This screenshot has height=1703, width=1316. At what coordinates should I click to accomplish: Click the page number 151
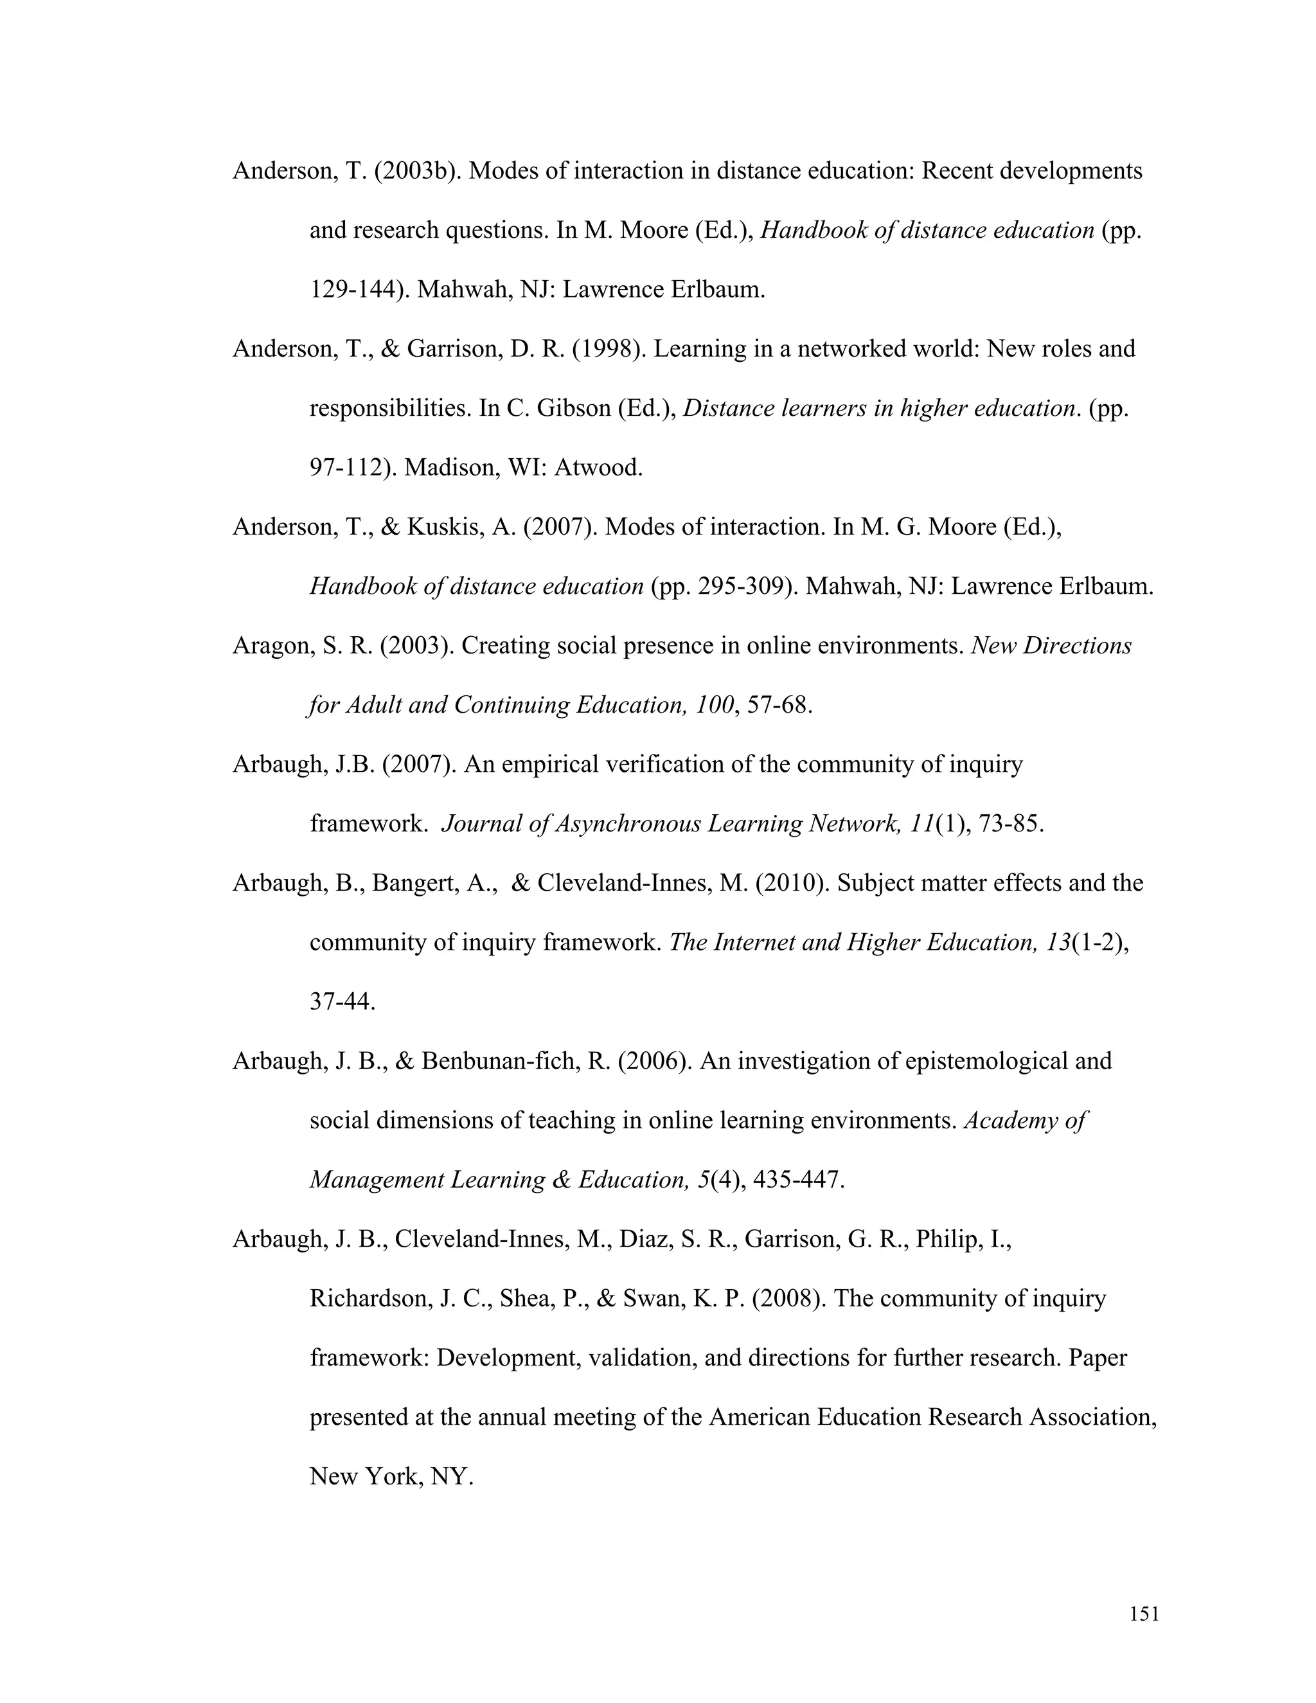pos(1144,1613)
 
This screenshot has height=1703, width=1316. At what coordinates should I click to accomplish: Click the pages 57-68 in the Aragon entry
pos(779,705)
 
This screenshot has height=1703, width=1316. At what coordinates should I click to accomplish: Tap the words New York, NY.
pos(391,1477)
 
